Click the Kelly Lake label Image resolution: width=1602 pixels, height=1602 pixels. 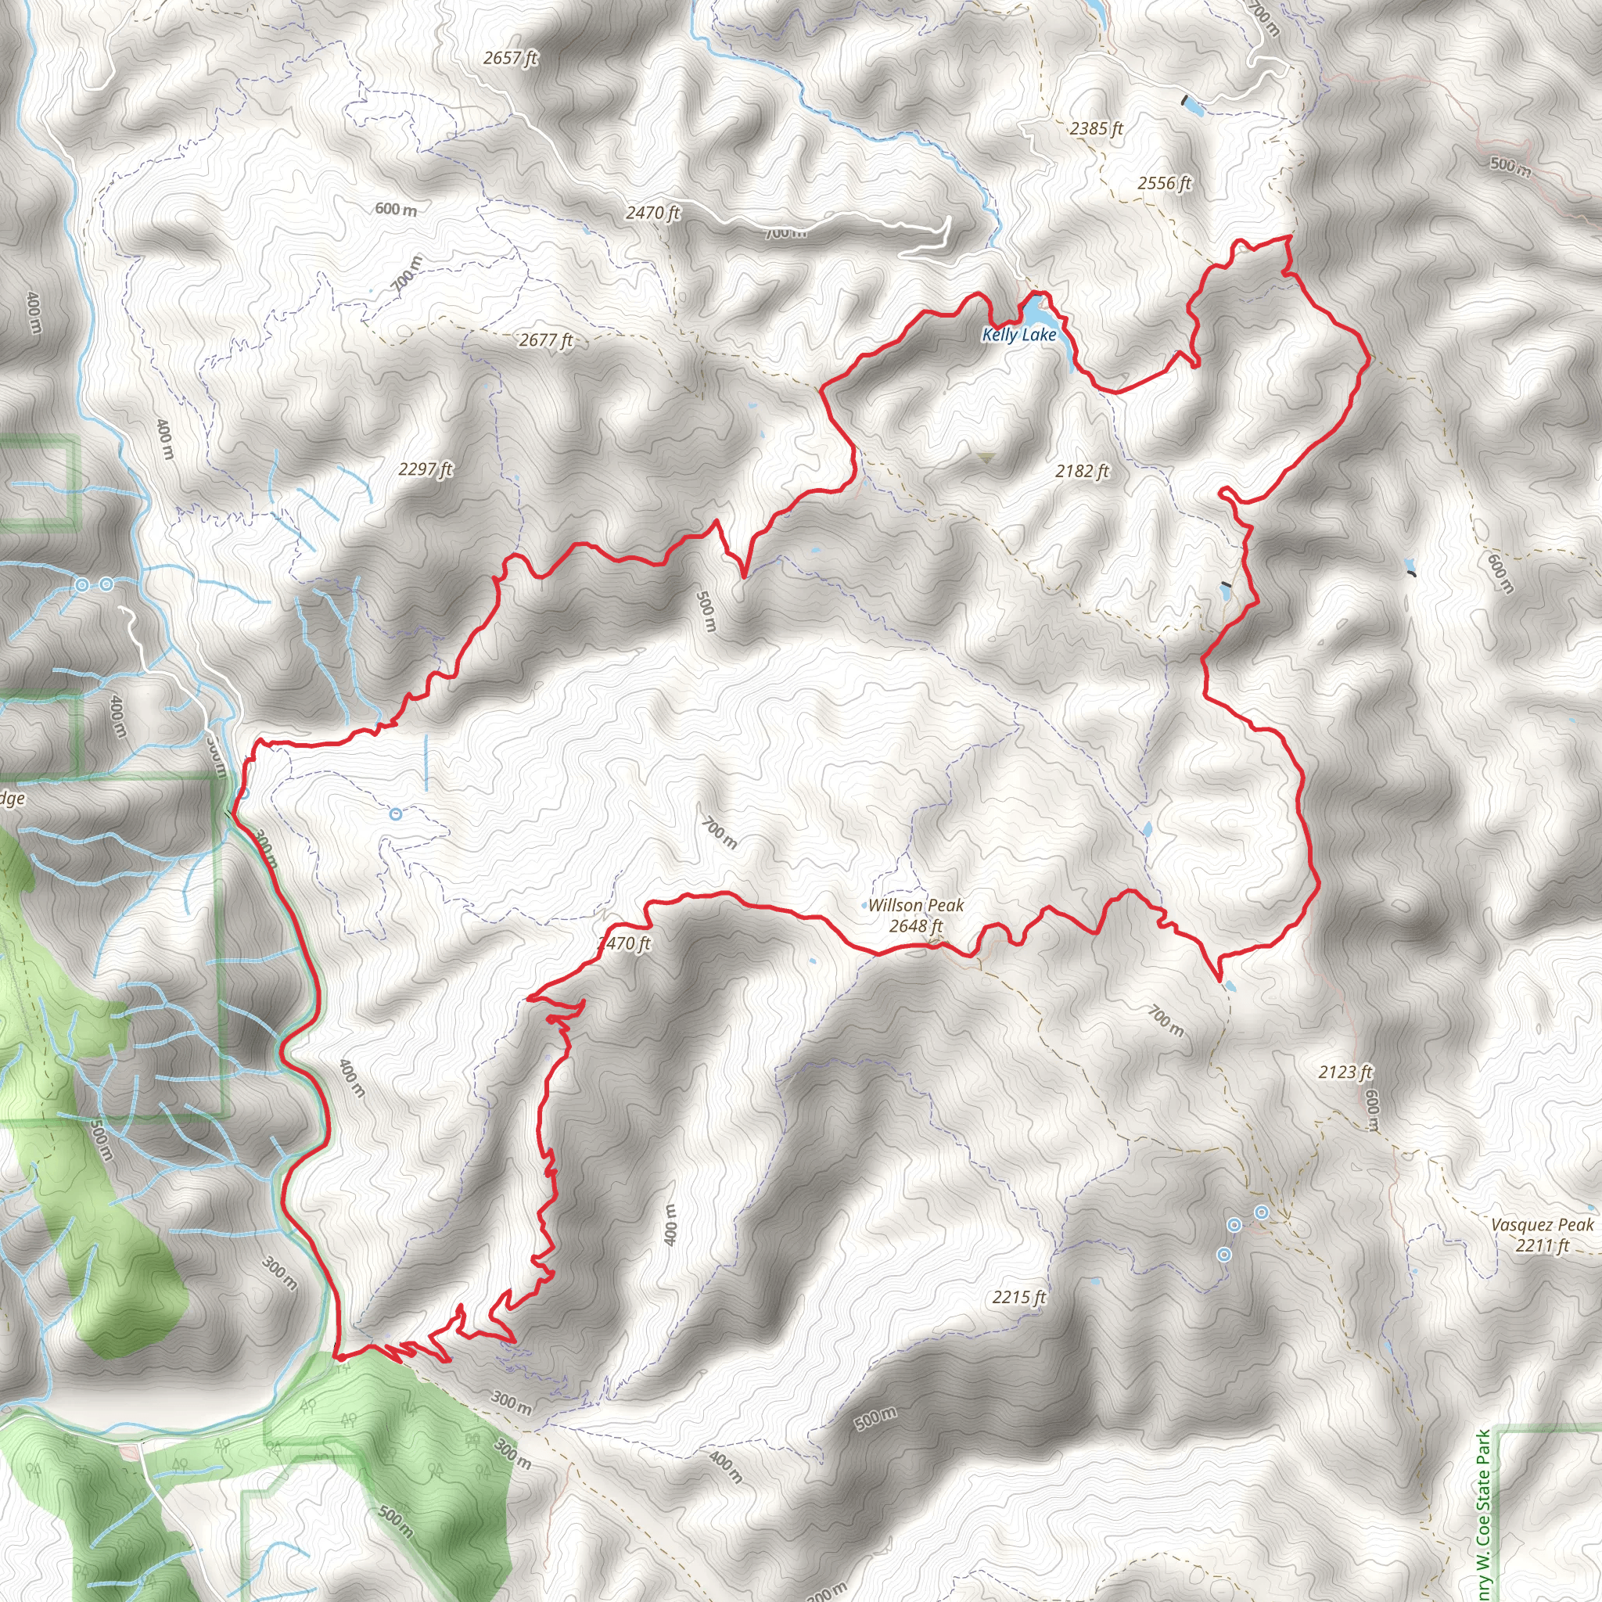[1019, 335]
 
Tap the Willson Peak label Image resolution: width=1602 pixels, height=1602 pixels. [915, 906]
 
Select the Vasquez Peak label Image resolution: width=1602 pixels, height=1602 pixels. [1542, 1225]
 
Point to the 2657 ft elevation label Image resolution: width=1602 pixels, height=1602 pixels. [511, 58]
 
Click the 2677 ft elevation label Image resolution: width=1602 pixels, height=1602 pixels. [546, 340]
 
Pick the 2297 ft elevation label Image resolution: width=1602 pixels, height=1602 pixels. [426, 469]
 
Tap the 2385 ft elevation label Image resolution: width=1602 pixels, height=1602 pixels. [1096, 128]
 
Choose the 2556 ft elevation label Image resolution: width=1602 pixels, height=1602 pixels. [1164, 183]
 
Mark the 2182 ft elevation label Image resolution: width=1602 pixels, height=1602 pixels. [1082, 471]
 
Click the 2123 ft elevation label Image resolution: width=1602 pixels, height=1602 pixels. [1345, 1072]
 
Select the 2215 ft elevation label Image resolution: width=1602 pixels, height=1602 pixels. [1019, 1297]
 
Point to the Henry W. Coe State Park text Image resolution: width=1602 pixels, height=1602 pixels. [1483, 1514]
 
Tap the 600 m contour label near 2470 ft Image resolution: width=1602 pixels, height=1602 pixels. [396, 209]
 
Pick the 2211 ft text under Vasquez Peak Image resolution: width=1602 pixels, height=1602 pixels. [1542, 1245]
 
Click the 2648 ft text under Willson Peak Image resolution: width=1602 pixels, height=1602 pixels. [915, 925]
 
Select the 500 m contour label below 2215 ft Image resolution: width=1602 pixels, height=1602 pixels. [875, 1418]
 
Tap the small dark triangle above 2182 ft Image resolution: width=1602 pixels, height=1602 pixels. [986, 457]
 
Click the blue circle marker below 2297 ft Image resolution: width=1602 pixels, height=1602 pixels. [396, 814]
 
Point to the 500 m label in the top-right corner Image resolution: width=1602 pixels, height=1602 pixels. [1510, 166]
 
